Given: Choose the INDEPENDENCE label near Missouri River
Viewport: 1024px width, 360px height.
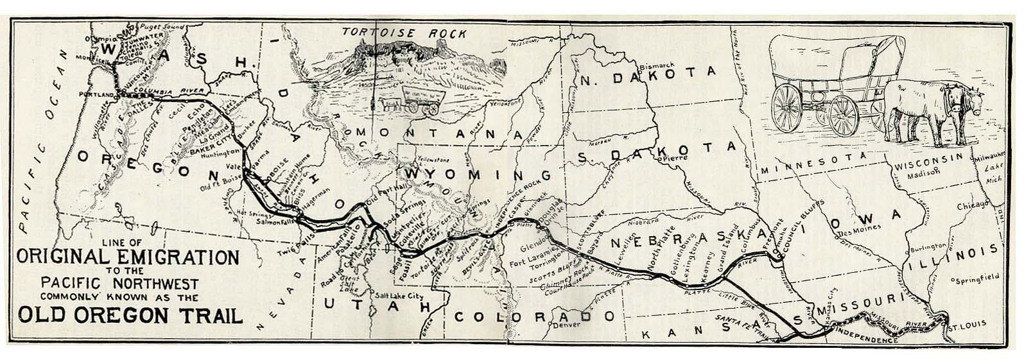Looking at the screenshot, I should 863,339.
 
